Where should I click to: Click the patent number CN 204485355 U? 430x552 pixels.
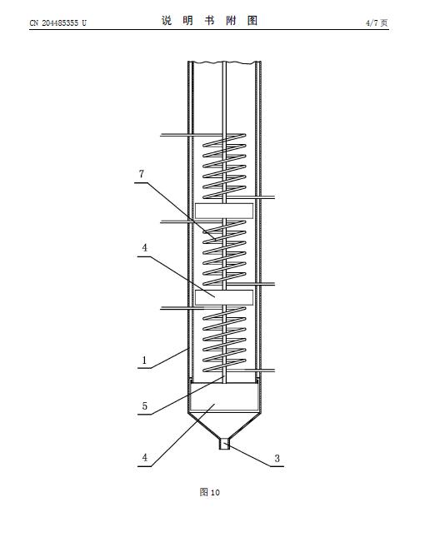(x=58, y=23)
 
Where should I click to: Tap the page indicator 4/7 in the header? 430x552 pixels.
(x=372, y=23)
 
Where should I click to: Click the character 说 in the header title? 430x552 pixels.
(x=167, y=21)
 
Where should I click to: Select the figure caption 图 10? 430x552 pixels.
(x=210, y=492)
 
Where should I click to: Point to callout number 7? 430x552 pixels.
(x=142, y=174)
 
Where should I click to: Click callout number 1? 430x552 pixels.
(x=144, y=361)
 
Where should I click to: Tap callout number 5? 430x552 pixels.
(x=144, y=406)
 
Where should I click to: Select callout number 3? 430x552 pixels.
(x=277, y=459)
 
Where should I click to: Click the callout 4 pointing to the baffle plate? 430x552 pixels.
(x=144, y=248)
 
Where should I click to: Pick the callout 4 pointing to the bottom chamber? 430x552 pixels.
(x=144, y=458)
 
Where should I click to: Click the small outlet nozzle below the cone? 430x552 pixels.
(x=224, y=444)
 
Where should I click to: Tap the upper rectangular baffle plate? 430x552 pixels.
(x=224, y=211)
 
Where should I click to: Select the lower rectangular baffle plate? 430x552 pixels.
(x=224, y=297)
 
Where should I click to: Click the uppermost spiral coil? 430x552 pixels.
(x=224, y=167)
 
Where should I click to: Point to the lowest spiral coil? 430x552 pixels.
(x=224, y=340)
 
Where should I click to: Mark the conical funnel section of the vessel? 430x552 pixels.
(x=224, y=425)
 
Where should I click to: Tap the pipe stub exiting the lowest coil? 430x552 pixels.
(x=260, y=370)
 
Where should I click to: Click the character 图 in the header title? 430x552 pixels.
(x=252, y=21)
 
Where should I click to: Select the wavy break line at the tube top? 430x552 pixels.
(x=224, y=62)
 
